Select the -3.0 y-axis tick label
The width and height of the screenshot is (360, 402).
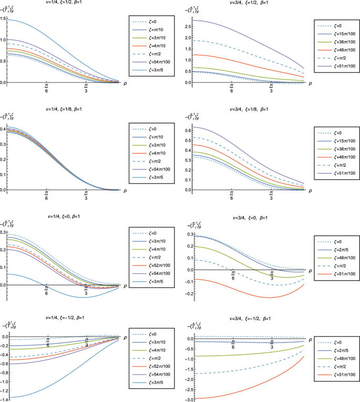188,399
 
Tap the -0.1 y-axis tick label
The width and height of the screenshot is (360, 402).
188,283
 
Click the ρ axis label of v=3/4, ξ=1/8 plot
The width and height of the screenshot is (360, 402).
311,190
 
